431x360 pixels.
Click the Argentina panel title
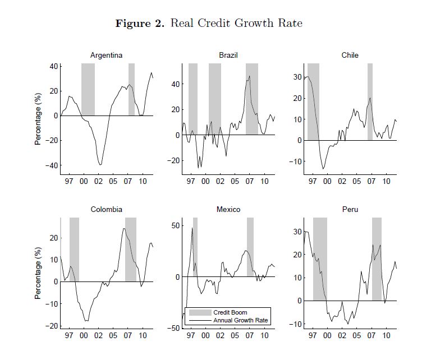coord(107,55)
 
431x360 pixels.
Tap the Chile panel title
coord(350,55)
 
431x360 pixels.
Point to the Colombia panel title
coord(107,210)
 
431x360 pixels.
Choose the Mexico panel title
coord(228,210)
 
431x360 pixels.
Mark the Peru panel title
coord(350,210)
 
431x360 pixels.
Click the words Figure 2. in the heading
coord(140,23)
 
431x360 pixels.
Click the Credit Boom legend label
coord(230,312)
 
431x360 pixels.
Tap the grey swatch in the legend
coord(199,312)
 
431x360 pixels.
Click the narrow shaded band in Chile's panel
coord(370,101)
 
